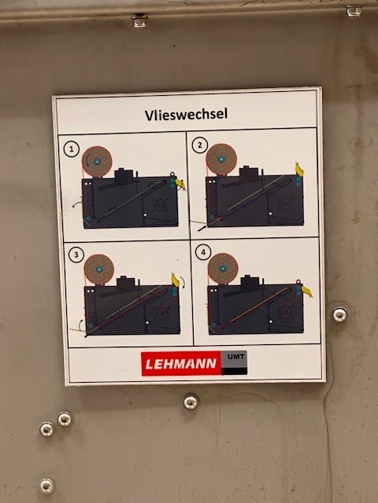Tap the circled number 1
point(72,148)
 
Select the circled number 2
point(200,145)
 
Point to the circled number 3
point(76,254)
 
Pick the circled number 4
point(205,252)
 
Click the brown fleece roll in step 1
point(98,161)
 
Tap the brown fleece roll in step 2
point(221,159)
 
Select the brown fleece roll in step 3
point(99,269)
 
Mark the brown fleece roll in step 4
point(223,268)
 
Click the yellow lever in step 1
point(180,183)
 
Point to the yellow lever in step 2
point(299,169)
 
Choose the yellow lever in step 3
point(176,280)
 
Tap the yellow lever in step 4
point(306,292)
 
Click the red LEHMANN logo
point(181,362)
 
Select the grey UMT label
point(234,358)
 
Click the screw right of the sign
point(339,314)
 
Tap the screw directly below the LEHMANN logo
point(191,402)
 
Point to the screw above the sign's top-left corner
point(139,20)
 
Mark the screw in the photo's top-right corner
point(354,10)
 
